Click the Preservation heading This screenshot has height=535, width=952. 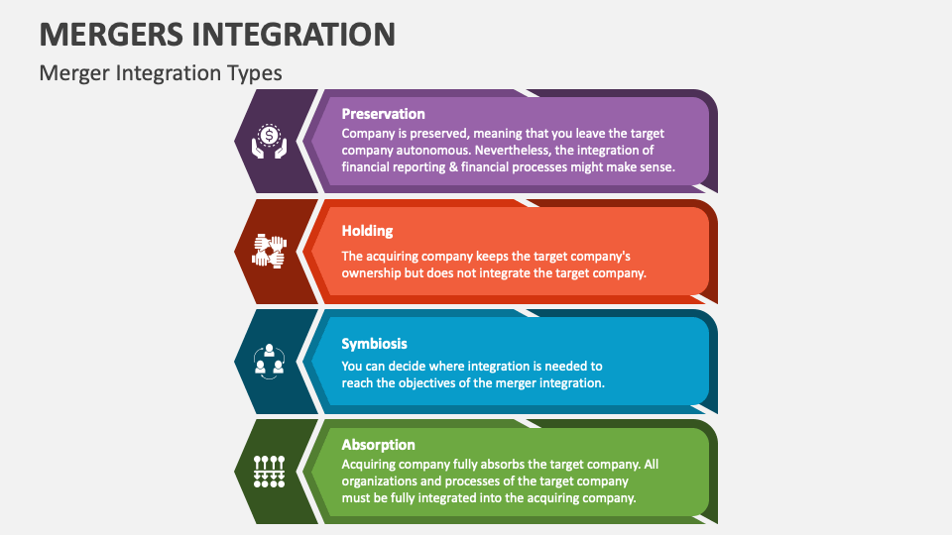click(383, 114)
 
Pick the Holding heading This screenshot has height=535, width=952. click(367, 231)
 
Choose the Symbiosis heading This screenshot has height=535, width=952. click(375, 344)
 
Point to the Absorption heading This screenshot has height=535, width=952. click(378, 445)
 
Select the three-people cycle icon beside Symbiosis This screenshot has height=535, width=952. click(268, 361)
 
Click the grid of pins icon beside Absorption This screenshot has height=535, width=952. click(268, 471)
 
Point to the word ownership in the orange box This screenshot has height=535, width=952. click(371, 273)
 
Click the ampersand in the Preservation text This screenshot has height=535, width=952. click(446, 167)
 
